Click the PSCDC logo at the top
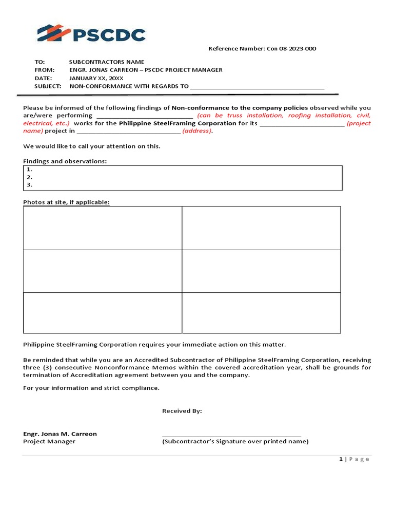point(91,34)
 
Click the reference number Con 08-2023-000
point(291,49)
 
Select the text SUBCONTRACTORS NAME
point(107,62)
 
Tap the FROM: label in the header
point(44,70)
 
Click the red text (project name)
point(358,123)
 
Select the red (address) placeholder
point(198,131)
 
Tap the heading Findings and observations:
point(65,161)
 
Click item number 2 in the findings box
point(29,177)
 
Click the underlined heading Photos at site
point(66,202)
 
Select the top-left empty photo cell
point(102,228)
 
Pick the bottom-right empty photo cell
point(261,313)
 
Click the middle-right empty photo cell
point(261,271)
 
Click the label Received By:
point(182,411)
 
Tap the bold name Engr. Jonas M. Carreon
point(60,434)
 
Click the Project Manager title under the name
point(49,442)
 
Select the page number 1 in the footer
point(341,459)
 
